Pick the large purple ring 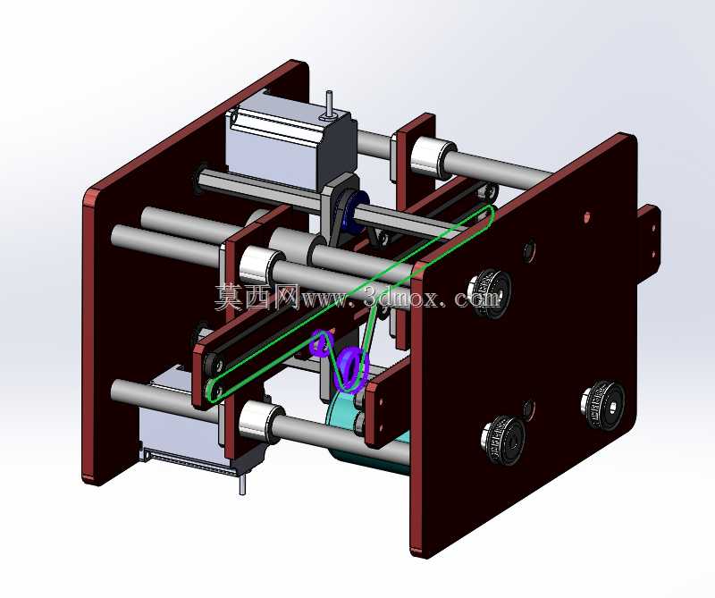pos(352,368)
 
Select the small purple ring pos(320,343)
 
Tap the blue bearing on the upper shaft pos(352,211)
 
